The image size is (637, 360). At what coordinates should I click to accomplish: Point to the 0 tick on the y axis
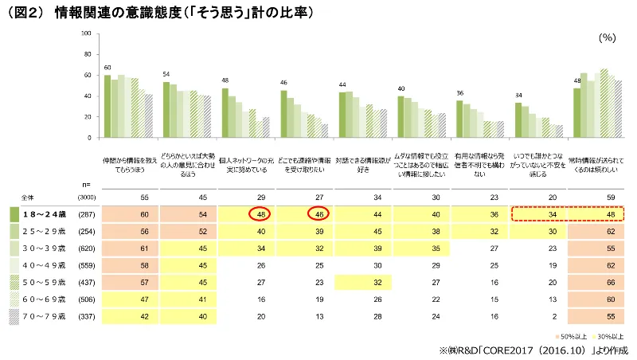[x=92, y=138]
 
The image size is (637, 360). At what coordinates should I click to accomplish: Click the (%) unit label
[x=608, y=37]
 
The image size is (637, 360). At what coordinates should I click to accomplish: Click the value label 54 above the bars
[x=166, y=74]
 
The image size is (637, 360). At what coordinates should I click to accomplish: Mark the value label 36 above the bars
[x=459, y=93]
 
